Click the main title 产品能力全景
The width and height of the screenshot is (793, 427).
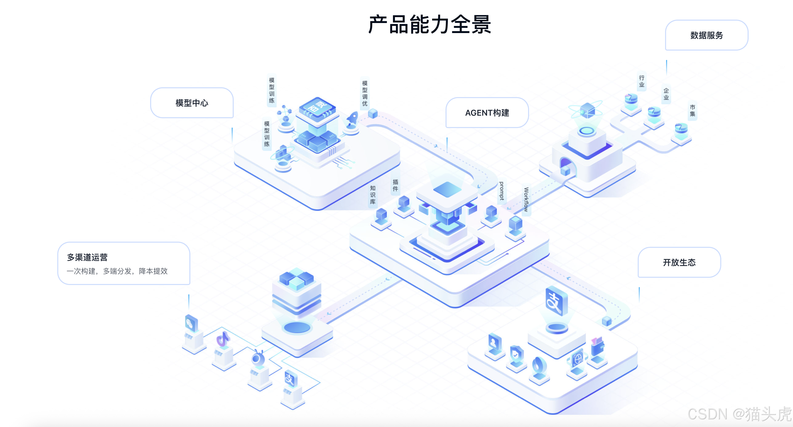tap(430, 25)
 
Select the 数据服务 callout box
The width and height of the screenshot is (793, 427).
tap(707, 35)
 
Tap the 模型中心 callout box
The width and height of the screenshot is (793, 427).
tap(192, 103)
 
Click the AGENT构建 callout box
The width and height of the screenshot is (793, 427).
tap(487, 113)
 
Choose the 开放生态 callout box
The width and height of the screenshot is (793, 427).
tap(679, 263)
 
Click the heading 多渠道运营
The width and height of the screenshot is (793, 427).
tap(87, 257)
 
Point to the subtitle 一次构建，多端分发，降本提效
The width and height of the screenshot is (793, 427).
tap(117, 271)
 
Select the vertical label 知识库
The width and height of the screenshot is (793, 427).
tap(373, 195)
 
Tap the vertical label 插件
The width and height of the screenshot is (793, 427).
tap(395, 185)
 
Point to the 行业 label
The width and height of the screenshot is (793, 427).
tap(642, 81)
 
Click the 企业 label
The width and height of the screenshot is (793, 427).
tap(666, 94)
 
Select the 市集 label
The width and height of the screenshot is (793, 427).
tap(692, 110)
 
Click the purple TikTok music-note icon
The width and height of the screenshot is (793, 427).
tap(223, 339)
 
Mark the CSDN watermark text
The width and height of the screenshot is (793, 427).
tap(739, 414)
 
